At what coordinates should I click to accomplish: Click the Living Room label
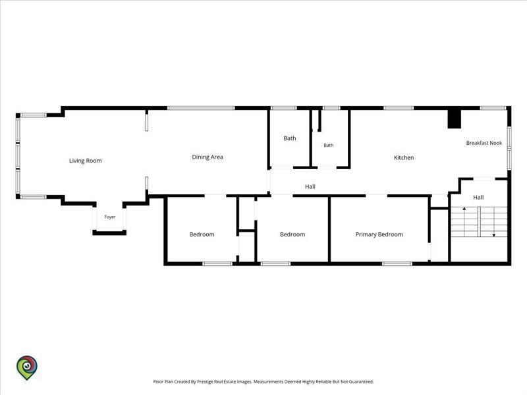[86, 161]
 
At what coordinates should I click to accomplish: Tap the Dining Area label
[208, 157]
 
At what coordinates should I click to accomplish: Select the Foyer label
[110, 217]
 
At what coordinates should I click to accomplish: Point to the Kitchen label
[404, 157]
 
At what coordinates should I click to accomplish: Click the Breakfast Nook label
[484, 143]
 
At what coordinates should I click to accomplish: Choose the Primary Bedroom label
[379, 234]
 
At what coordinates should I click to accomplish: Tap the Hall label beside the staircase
[478, 197]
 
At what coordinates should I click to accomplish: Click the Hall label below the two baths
[310, 186]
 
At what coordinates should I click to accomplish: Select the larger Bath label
[290, 138]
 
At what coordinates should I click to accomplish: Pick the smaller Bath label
[328, 145]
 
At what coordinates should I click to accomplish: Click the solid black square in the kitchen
[454, 119]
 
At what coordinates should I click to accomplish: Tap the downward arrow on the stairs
[493, 222]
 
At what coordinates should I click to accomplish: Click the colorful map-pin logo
[27, 367]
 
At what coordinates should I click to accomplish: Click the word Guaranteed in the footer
[361, 382]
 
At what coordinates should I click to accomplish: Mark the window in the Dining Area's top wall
[201, 108]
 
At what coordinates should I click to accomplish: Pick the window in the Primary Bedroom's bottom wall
[397, 264]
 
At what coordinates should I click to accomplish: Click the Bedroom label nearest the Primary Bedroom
[292, 234]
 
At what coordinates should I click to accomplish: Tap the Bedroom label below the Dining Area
[202, 234]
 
